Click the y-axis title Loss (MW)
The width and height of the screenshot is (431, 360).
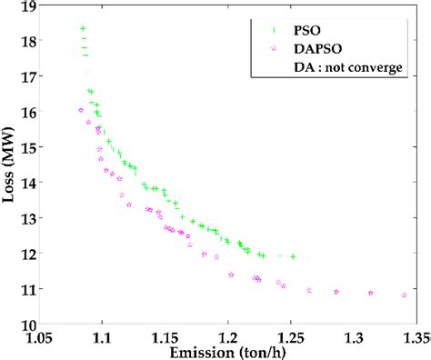(x=12, y=167)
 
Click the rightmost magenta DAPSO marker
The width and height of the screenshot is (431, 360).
(x=404, y=295)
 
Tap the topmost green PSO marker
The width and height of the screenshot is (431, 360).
(x=83, y=29)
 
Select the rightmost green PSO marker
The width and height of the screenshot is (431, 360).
(x=293, y=256)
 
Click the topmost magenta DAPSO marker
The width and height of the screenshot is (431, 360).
(x=81, y=110)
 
